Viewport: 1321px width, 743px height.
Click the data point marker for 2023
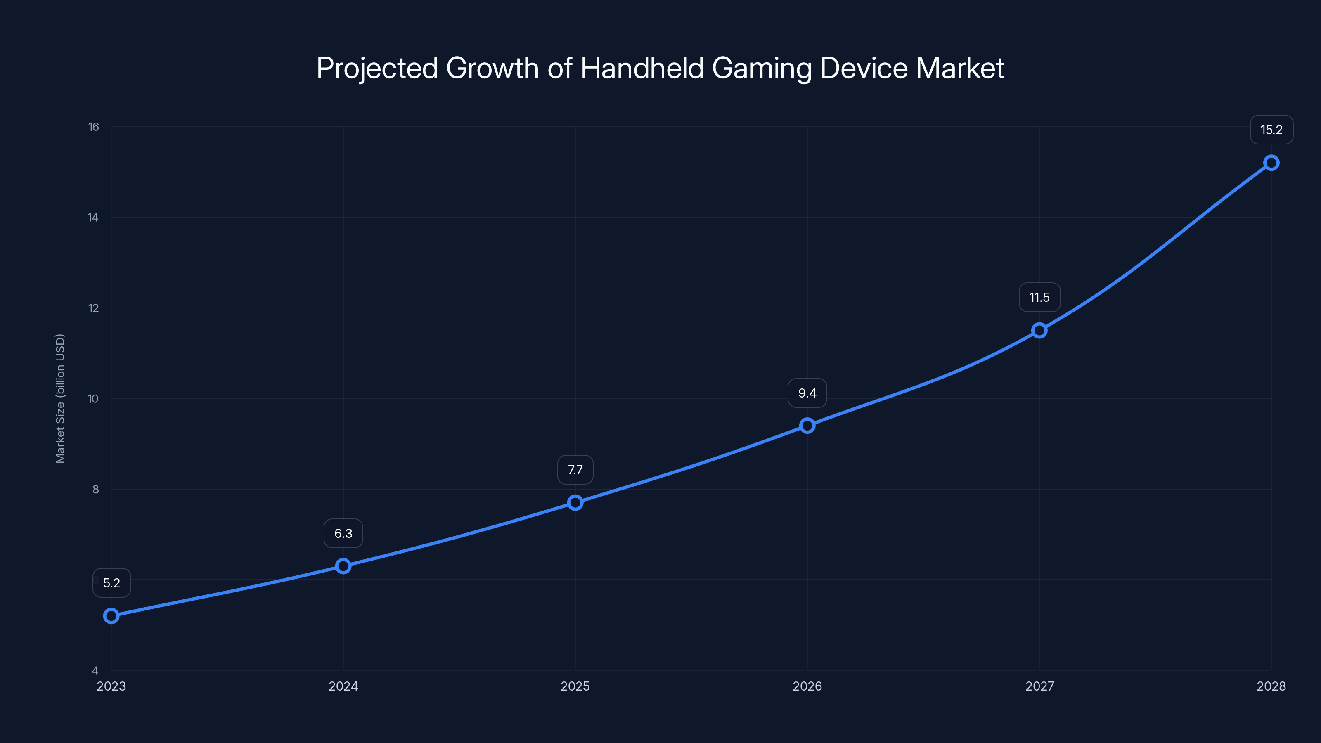(x=111, y=616)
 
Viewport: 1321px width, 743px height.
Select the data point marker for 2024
(x=343, y=566)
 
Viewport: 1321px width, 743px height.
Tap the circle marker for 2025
(x=575, y=502)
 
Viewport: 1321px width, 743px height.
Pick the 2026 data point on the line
(x=807, y=426)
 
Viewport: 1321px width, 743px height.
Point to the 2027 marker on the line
(x=1039, y=330)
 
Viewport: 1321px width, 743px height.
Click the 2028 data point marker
(x=1271, y=163)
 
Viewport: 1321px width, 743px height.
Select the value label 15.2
(x=1271, y=130)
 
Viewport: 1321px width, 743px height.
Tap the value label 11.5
(x=1039, y=297)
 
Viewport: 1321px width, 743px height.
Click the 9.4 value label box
(x=807, y=393)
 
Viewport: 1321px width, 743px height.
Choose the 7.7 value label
(x=575, y=470)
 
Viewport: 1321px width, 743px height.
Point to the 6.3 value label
(x=343, y=533)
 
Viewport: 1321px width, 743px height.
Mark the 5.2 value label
(x=111, y=583)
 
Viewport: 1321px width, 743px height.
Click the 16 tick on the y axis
(x=93, y=127)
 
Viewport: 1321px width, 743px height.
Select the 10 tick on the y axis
(x=93, y=398)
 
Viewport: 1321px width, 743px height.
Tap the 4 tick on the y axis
(x=95, y=670)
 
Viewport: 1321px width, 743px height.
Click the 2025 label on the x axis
(x=575, y=686)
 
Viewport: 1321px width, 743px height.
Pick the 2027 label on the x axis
(x=1039, y=686)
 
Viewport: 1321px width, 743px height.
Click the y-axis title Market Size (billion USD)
(x=60, y=398)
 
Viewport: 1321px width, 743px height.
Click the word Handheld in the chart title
(x=642, y=68)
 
